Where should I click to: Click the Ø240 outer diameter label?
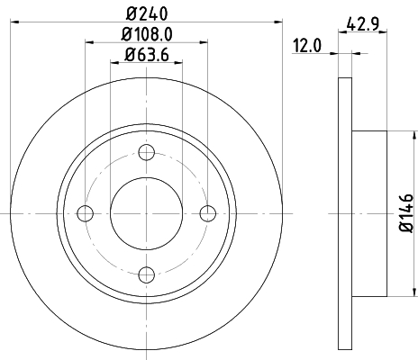pos(148,14)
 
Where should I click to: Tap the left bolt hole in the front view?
pos(86,212)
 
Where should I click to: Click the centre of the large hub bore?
pos(148,212)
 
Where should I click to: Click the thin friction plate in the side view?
pos(344,212)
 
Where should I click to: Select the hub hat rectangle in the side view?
pos(368,212)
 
